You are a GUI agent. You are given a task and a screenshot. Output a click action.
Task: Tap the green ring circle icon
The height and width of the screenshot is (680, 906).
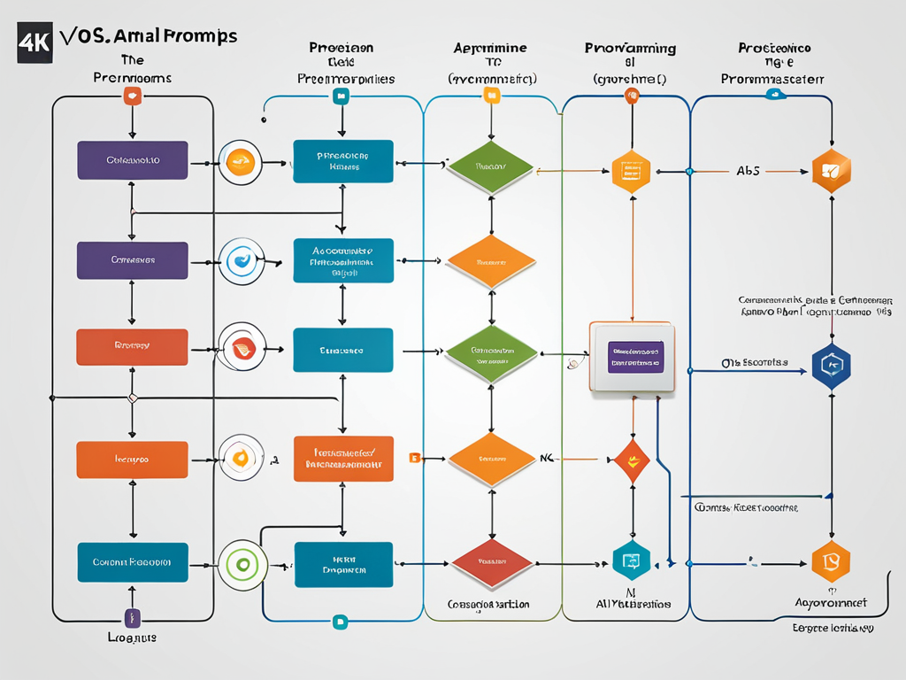click(240, 564)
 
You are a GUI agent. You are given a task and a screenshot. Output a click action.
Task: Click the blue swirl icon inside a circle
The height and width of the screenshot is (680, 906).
click(240, 260)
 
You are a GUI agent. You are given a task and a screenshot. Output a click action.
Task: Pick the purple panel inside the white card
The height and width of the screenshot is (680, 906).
click(635, 356)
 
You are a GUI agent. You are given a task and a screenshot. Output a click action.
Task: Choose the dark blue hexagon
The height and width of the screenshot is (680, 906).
click(831, 364)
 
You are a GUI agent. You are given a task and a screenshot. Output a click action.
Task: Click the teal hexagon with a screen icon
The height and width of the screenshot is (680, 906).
click(632, 560)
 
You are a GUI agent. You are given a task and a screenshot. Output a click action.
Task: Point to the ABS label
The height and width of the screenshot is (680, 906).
click(748, 172)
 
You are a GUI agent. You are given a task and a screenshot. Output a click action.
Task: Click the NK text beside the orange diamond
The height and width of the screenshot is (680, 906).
click(549, 459)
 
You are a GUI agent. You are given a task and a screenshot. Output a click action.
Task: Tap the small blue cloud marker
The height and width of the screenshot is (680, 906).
click(778, 93)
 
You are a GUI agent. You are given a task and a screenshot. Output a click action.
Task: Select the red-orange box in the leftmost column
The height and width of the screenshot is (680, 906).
click(132, 347)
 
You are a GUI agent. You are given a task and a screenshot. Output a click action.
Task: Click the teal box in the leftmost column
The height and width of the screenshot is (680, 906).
click(132, 562)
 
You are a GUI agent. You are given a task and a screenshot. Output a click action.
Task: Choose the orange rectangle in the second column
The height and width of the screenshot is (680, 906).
click(343, 459)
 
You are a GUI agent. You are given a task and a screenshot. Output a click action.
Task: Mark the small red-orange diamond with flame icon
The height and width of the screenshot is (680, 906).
click(632, 460)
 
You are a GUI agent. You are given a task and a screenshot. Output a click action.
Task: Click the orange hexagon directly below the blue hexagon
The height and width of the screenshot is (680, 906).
click(831, 561)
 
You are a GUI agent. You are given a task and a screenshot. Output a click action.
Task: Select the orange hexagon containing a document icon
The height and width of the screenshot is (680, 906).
click(631, 171)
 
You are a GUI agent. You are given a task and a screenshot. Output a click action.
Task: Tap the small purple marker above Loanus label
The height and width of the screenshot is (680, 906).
click(132, 617)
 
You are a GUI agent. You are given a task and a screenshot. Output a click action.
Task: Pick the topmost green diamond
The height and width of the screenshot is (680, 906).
click(491, 166)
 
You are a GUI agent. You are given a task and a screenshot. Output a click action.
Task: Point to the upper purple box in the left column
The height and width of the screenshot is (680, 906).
click(132, 160)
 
